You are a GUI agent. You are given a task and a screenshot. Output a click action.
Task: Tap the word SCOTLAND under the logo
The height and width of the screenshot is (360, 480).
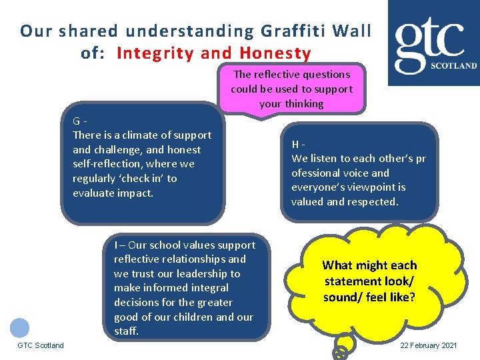[454, 66]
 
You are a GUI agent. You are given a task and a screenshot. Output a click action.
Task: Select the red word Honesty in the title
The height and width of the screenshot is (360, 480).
[276, 53]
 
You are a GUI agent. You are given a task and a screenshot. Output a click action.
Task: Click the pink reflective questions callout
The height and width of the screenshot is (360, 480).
[291, 89]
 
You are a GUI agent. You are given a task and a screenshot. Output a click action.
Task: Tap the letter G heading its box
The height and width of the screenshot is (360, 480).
[77, 121]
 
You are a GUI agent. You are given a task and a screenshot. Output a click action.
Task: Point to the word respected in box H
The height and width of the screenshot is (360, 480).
[375, 201]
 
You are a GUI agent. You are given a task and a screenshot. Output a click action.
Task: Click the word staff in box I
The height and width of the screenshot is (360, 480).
[126, 331]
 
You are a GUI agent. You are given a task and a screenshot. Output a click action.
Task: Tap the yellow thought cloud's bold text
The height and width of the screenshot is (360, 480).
[369, 281]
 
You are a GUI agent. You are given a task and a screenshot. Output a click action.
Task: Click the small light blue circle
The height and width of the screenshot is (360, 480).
[20, 327]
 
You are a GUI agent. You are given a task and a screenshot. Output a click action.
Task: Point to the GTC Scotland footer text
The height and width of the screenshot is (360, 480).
[41, 345]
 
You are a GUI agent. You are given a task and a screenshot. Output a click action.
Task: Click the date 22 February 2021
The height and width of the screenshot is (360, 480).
[428, 345]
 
